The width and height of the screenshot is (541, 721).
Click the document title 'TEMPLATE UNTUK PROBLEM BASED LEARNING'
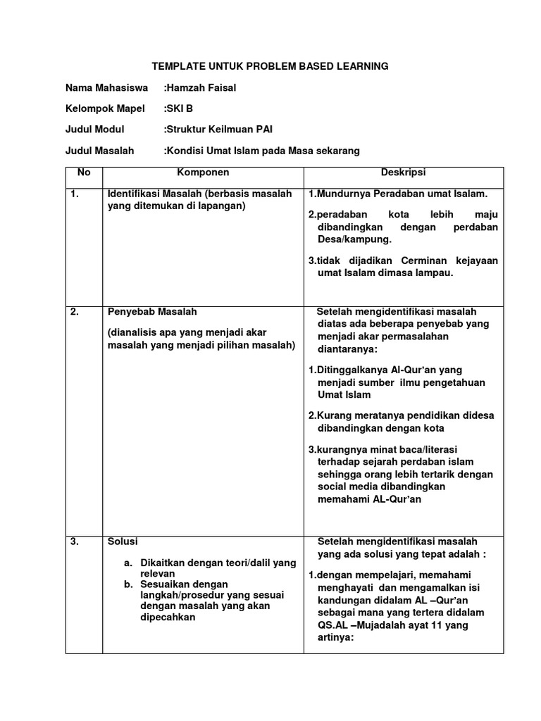pyautogui.click(x=270, y=67)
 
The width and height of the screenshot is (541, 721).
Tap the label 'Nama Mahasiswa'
pyautogui.click(x=106, y=88)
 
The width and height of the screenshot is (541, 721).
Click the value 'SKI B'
pyautogui.click(x=178, y=109)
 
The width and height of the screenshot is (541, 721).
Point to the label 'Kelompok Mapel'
pyautogui.click(x=105, y=109)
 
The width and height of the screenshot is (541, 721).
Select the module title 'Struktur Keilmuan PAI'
pyautogui.click(x=219, y=130)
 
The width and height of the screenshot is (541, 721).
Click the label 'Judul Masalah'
pyautogui.click(x=99, y=151)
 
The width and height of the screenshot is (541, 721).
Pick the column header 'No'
pyautogui.click(x=84, y=173)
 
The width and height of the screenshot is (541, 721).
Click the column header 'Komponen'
pyautogui.click(x=203, y=173)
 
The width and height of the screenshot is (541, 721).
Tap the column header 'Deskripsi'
pyautogui.click(x=403, y=173)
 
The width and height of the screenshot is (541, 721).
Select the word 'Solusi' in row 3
pyautogui.click(x=123, y=541)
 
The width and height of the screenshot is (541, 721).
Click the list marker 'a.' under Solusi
pyautogui.click(x=128, y=563)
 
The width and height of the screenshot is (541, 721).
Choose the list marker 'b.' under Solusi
pyautogui.click(x=128, y=584)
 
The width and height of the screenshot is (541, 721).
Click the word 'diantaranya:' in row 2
pyautogui.click(x=347, y=349)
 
